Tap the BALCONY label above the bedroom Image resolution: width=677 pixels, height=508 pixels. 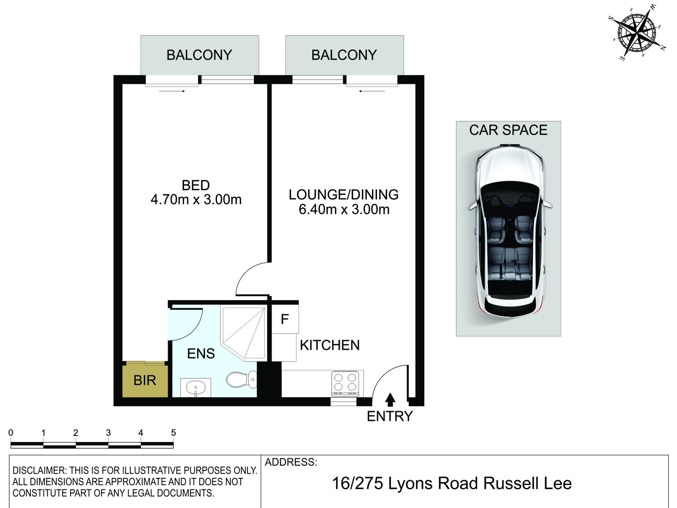199,55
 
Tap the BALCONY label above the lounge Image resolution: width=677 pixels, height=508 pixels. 344,55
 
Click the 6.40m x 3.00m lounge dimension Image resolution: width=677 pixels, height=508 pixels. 344,209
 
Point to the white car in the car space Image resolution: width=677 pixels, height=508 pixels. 509,231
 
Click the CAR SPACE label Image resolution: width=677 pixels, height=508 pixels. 508,130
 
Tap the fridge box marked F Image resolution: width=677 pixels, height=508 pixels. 285,319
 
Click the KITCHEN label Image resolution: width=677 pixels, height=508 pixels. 330,345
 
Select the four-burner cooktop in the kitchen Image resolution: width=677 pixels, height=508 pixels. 345,382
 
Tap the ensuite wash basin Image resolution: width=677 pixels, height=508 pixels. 195,387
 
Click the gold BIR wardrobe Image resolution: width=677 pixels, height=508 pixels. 145,380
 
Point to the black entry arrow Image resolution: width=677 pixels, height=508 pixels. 391,400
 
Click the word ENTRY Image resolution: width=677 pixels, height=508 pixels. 389,417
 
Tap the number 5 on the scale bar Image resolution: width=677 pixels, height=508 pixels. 173,433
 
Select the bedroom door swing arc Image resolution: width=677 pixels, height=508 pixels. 250,277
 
